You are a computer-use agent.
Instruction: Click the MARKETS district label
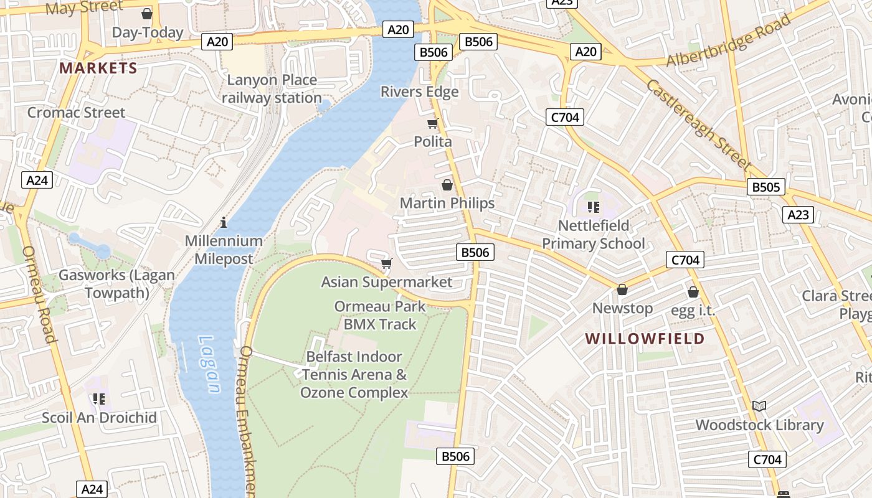click(x=98, y=68)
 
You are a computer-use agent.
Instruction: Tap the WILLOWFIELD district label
click(x=645, y=339)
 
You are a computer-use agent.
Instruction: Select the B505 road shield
click(x=765, y=187)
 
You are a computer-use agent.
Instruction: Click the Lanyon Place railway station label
click(x=272, y=89)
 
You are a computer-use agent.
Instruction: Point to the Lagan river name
click(x=209, y=364)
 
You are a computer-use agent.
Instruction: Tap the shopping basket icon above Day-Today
click(x=147, y=14)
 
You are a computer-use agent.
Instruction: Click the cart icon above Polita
click(x=433, y=123)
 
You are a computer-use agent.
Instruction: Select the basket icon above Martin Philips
click(x=447, y=185)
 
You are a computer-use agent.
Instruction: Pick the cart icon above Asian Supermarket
click(x=387, y=264)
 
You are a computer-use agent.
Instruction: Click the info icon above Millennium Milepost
click(x=224, y=222)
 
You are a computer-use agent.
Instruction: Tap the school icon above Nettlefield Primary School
click(x=593, y=207)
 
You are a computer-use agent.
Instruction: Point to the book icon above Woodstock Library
click(x=759, y=406)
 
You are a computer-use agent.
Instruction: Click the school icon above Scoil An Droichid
click(x=98, y=398)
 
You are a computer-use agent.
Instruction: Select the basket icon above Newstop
click(x=622, y=290)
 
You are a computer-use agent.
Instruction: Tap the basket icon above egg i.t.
click(x=693, y=292)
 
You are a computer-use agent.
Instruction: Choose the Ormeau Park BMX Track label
click(x=380, y=315)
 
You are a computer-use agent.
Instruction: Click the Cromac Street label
click(x=76, y=113)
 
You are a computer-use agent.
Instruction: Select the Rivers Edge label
click(x=419, y=92)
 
